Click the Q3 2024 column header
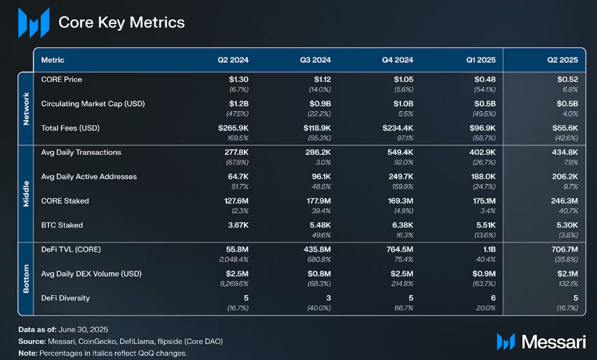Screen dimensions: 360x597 pos(315,60)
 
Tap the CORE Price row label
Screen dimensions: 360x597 pos(62,79)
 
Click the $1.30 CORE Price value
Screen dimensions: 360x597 pos(238,80)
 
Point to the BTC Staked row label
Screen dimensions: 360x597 pos(62,225)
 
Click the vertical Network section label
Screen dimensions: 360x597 pos(26,108)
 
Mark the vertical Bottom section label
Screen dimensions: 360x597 pos(26,279)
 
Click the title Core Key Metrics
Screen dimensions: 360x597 pos(121,22)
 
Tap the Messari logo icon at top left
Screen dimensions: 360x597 pos(34,23)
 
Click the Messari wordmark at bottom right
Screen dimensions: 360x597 pos(553,342)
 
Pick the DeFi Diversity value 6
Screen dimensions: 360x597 pos(493,298)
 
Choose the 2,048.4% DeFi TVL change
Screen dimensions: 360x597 pos(234,259)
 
